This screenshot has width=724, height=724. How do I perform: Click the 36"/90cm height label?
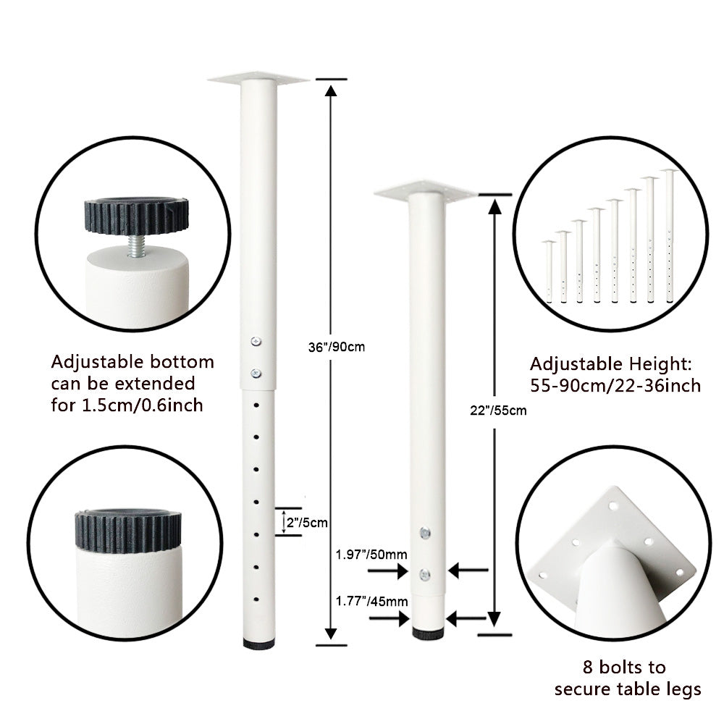click(x=337, y=347)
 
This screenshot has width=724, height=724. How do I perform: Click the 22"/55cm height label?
click(x=498, y=411)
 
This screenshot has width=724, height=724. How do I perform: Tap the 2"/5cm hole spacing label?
click(x=307, y=523)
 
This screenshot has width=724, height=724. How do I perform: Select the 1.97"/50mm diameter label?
click(x=371, y=555)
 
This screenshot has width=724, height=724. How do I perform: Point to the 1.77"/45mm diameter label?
click(x=371, y=601)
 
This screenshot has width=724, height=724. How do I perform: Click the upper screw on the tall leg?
click(x=256, y=342)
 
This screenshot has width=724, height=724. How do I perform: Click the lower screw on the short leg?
click(x=425, y=575)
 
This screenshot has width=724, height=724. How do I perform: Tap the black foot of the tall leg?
click(x=258, y=643)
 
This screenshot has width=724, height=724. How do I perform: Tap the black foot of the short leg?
click(x=428, y=633)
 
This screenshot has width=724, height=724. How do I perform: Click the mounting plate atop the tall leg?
click(x=258, y=79)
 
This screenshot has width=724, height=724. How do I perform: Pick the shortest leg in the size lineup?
click(x=549, y=272)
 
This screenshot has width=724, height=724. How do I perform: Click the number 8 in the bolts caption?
click(x=587, y=668)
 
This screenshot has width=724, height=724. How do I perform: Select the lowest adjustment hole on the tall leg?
click(x=256, y=599)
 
